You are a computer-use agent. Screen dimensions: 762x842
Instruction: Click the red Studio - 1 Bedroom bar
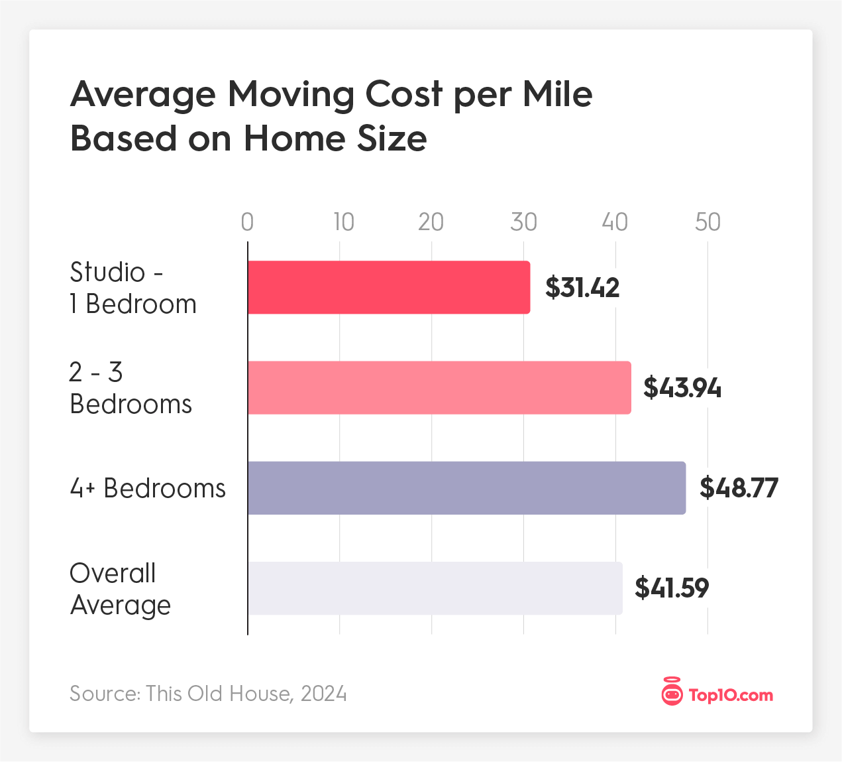coord(389,287)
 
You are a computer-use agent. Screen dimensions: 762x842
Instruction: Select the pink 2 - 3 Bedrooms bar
coord(439,388)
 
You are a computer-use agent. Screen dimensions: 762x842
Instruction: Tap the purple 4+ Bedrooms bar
coord(466,488)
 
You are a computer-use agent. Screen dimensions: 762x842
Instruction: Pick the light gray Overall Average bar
coord(435,588)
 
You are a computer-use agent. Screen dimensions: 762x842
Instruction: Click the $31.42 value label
coord(582,288)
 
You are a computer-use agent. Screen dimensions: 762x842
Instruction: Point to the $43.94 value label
coord(682,388)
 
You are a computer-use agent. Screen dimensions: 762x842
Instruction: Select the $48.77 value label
coord(739,488)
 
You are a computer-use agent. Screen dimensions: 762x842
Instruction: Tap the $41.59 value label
coord(672,588)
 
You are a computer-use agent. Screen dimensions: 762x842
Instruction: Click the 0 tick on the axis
coord(247,222)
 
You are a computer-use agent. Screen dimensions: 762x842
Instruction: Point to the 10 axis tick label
coord(343,222)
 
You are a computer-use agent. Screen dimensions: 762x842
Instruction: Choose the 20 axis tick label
coord(431,222)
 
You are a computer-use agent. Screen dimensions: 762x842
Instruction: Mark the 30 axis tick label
coord(523,222)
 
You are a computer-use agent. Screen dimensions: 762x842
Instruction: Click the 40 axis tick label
coord(615,222)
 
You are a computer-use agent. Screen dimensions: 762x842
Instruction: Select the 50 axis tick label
coord(708,222)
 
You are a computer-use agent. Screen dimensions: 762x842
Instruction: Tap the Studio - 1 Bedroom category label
coord(132,288)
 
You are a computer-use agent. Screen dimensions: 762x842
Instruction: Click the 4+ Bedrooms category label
coord(148,488)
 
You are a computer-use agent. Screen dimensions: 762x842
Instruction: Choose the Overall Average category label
coord(120,589)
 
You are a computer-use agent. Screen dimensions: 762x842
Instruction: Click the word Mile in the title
coord(557,94)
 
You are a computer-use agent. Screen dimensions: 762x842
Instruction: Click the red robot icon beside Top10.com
coord(672,694)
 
